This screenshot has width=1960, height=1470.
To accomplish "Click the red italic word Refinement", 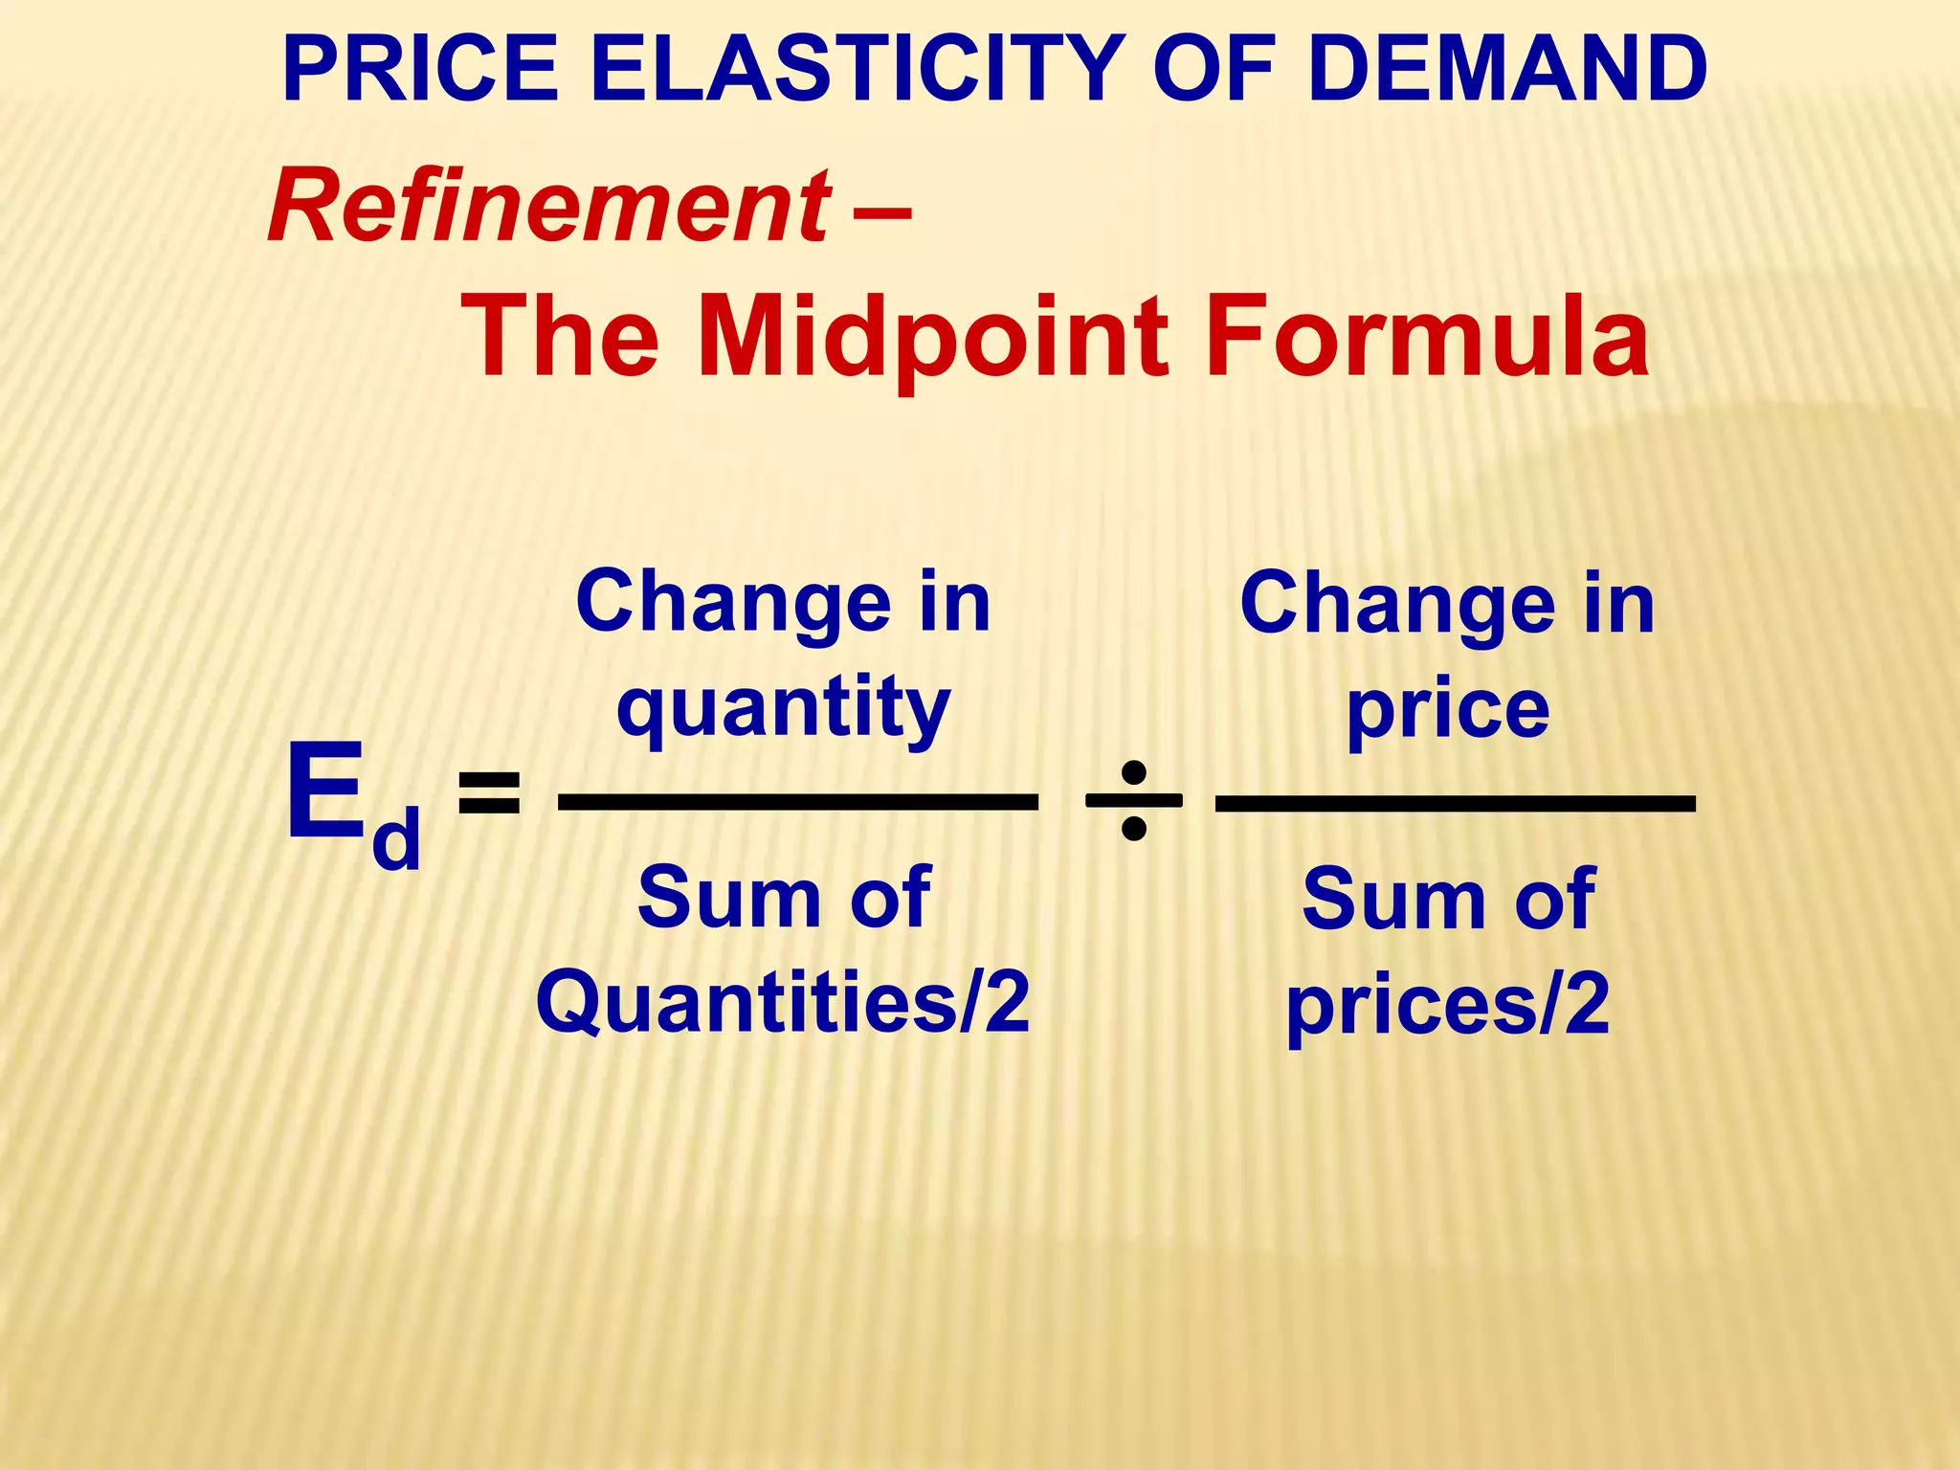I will coord(548,207).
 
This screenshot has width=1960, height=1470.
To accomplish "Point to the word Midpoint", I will coord(933,337).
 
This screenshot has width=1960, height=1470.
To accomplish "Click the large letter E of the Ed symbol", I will coord(326,793).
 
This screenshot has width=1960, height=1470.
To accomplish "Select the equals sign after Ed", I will coord(489,793).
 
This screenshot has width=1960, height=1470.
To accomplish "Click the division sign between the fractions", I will coord(1133,800).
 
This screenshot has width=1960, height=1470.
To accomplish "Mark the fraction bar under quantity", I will coord(797,802).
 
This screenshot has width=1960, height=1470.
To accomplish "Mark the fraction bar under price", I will coord(1455,802).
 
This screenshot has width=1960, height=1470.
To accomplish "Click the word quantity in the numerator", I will coord(783,708).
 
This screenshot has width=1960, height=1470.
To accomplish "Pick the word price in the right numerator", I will coord(1447,710).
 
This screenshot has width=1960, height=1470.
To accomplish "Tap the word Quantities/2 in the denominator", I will coord(783,1001).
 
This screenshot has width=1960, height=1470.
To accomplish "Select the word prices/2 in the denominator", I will coord(1447,1005).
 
